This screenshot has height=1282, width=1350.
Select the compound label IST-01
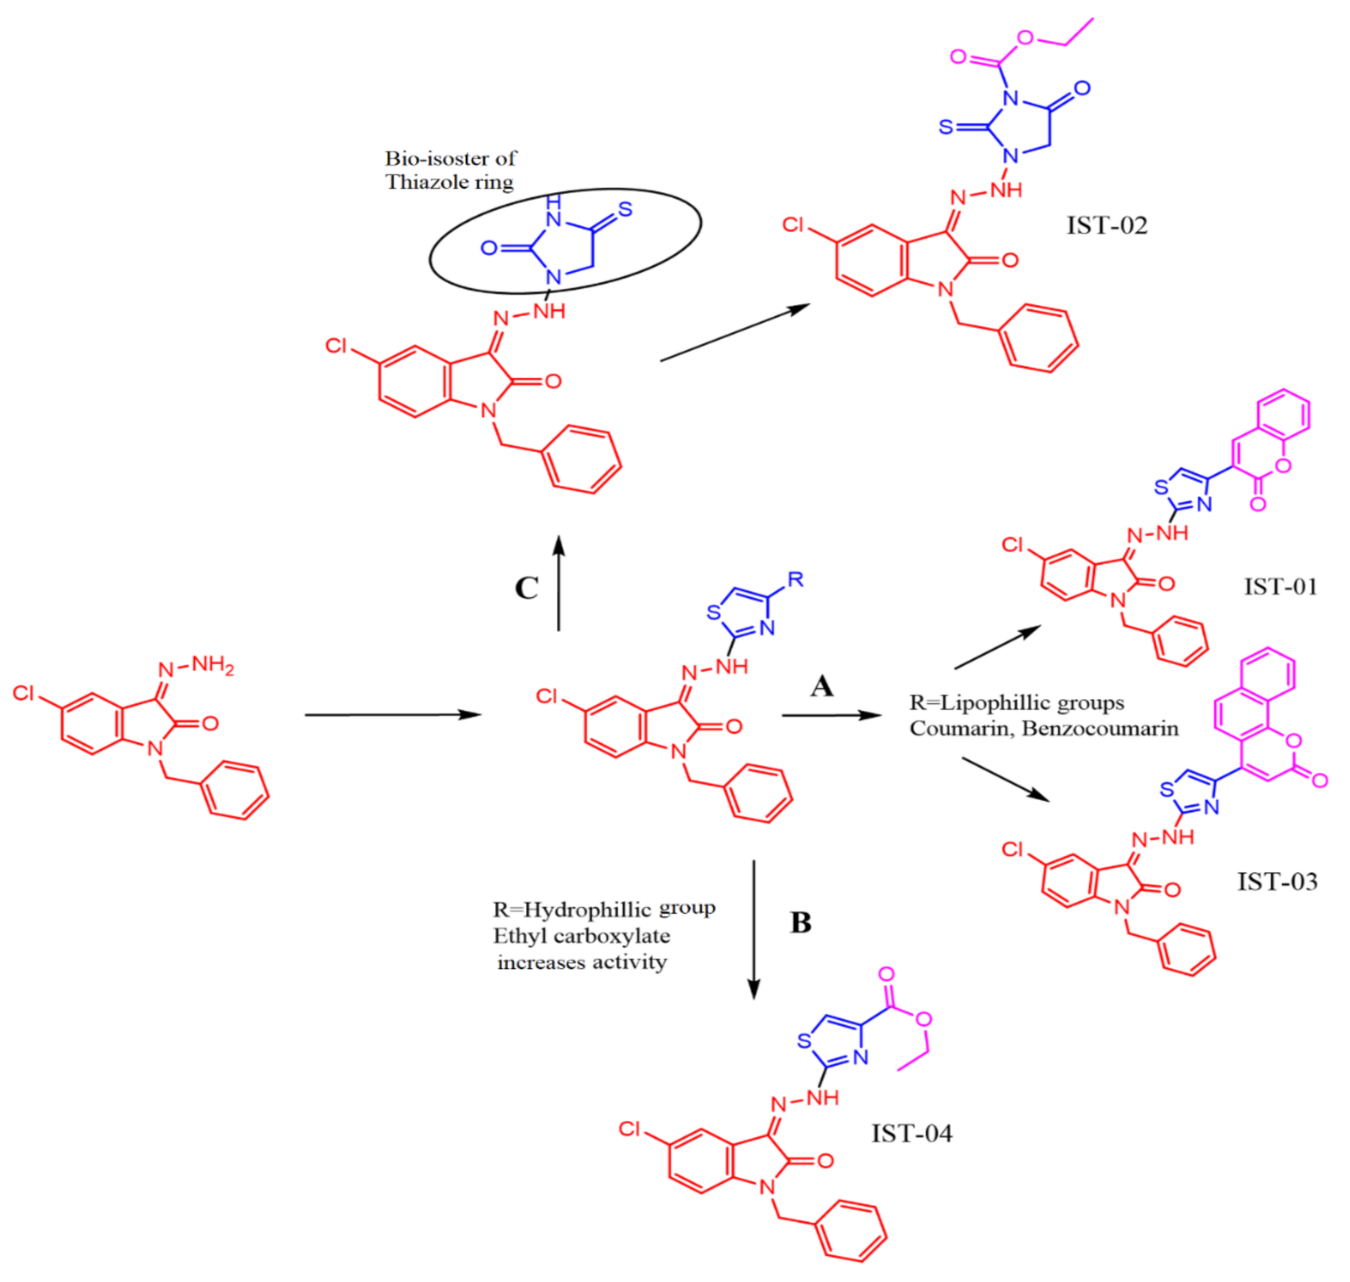[1280, 586]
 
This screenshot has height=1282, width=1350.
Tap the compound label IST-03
[1277, 881]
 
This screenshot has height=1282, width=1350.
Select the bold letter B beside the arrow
[801, 923]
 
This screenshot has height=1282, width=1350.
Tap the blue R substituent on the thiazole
[795, 579]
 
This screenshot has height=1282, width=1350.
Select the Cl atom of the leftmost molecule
[23, 693]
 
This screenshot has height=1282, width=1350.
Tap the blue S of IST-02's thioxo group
[945, 127]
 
